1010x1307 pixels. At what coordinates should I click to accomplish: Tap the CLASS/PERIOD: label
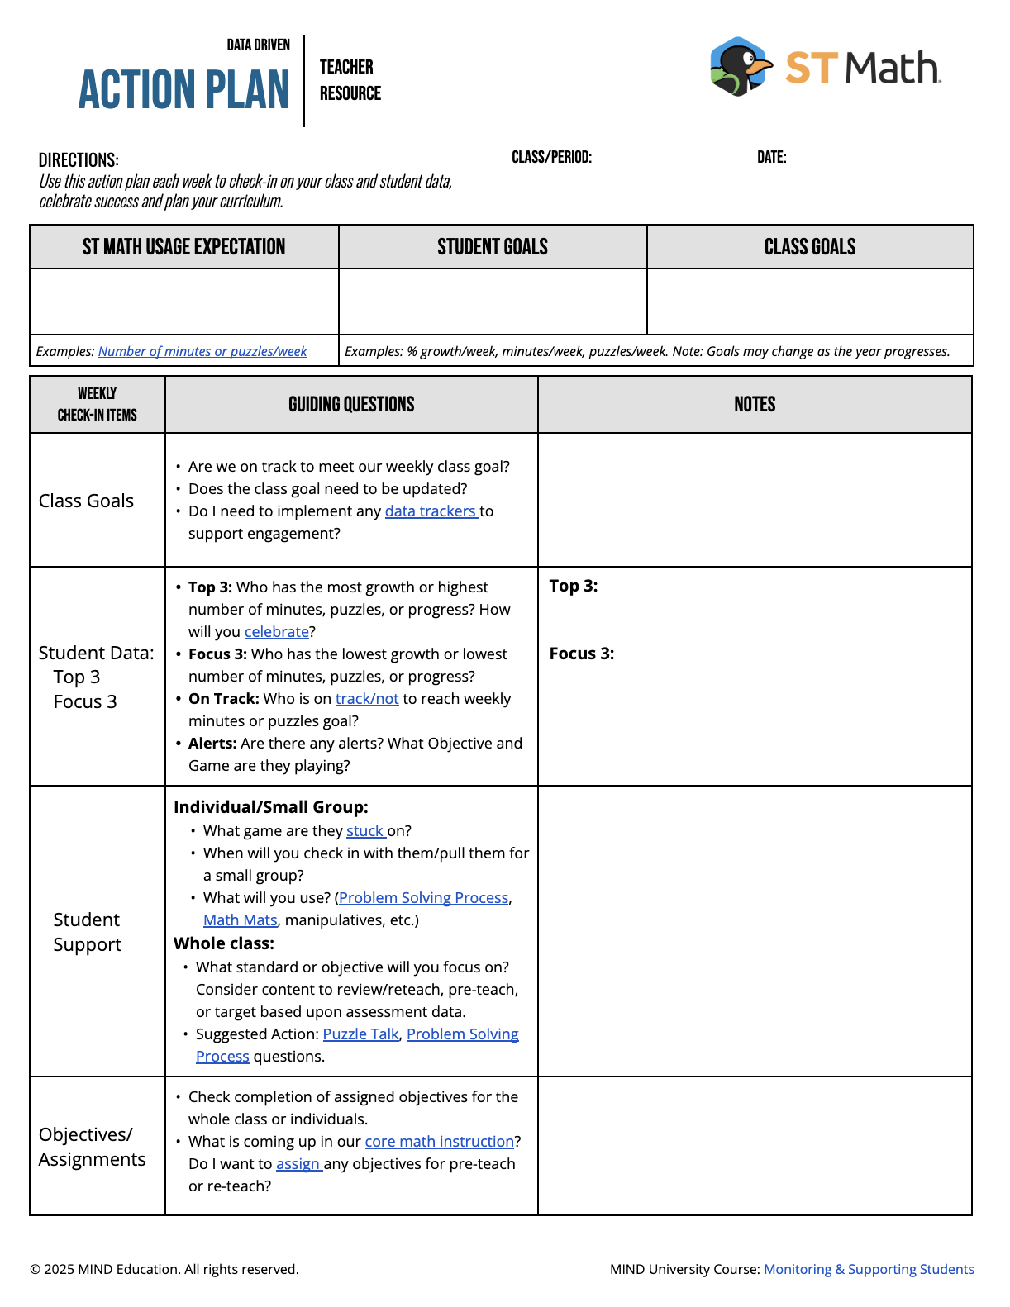(551, 157)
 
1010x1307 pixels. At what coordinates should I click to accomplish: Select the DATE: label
(771, 157)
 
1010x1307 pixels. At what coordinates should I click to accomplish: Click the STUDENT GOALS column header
(493, 247)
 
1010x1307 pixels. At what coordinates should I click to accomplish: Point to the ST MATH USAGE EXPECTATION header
(183, 247)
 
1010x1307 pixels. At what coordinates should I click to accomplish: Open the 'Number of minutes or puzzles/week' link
(202, 351)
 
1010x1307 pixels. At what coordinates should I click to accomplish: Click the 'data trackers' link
(431, 511)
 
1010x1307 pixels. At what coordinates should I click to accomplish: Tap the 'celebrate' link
(276, 632)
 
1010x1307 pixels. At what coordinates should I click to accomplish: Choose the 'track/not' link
(367, 699)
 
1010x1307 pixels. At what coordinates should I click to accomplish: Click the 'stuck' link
(365, 831)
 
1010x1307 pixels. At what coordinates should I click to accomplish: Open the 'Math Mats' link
(241, 920)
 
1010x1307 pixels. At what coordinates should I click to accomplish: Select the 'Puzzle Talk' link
(360, 1034)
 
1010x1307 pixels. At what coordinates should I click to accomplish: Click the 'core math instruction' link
(440, 1142)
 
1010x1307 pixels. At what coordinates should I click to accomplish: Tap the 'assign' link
(298, 1164)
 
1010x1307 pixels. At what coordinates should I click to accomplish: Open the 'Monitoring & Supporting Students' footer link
(869, 1269)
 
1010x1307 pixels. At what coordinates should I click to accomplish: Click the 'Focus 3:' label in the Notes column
(582, 653)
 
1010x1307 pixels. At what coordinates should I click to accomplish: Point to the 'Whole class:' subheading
(224, 943)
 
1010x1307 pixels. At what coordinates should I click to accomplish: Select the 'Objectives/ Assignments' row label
(92, 1147)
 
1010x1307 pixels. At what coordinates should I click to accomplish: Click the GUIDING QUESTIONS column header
(351, 404)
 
